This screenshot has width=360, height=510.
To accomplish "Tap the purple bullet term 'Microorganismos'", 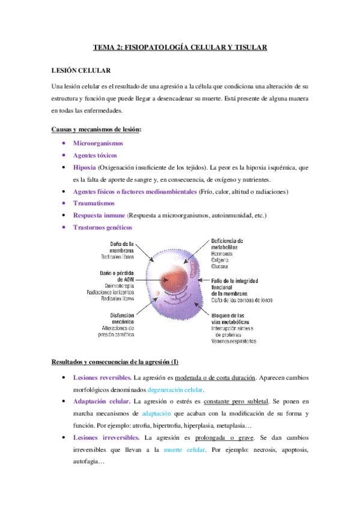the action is click(x=97, y=143).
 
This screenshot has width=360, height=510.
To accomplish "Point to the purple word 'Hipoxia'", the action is click(x=84, y=167).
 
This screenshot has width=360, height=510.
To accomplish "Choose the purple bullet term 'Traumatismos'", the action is click(x=93, y=203).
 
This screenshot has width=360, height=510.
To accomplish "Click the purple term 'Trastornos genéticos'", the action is click(x=102, y=227).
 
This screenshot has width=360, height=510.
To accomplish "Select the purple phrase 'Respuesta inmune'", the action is click(x=99, y=215).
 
